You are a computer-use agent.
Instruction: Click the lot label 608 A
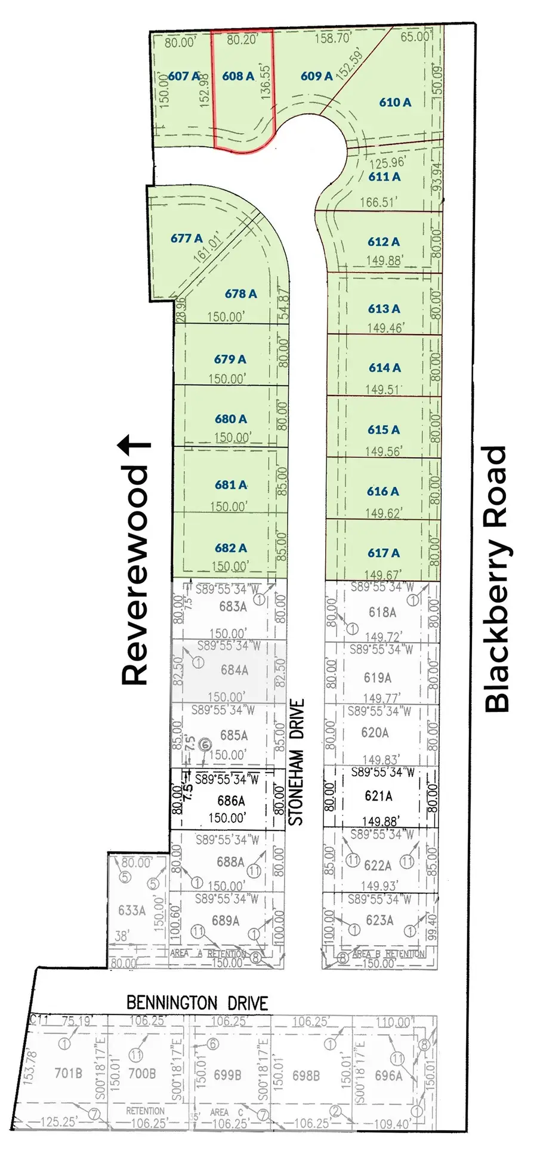[237, 76]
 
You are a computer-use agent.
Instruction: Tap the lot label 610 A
[395, 102]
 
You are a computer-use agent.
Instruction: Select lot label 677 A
[186, 238]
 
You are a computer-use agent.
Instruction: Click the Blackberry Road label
[496, 579]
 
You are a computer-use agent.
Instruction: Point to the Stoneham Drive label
[297, 762]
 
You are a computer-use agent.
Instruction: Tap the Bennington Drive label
[197, 1003]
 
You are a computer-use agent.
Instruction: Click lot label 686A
[231, 801]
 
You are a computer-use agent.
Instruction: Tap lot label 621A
[378, 795]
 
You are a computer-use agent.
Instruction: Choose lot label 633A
[132, 910]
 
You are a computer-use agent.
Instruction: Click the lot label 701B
[68, 1073]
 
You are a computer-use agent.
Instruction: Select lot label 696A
[388, 1075]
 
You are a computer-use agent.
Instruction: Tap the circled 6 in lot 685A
[205, 744]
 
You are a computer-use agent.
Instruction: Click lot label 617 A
[383, 553]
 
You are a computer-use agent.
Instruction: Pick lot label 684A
[234, 670]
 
